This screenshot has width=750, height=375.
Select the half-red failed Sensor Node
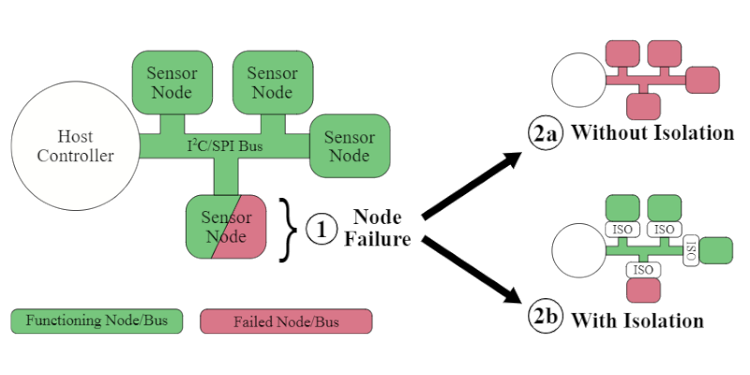pos(230,227)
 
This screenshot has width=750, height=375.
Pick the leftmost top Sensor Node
pos(170,82)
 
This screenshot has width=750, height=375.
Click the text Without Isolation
pos(652,133)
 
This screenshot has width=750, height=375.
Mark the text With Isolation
pos(637,320)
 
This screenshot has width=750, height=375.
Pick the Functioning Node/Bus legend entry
pos(97,322)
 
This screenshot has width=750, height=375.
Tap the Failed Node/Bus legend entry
pos(286,322)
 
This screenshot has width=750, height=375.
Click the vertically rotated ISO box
pos(692,251)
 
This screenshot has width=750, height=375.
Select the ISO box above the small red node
pos(642,270)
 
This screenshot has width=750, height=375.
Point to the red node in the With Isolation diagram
pos(642,292)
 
